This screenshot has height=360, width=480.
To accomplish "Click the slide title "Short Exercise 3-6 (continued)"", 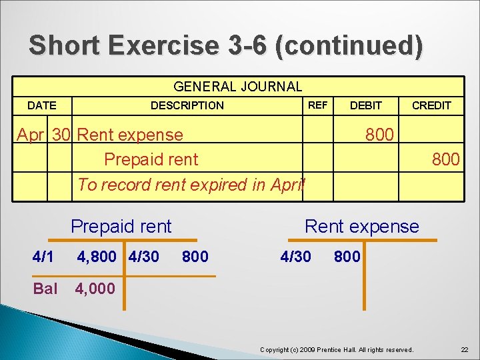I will tap(225, 45).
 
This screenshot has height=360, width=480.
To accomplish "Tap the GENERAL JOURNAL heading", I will tap(237, 87).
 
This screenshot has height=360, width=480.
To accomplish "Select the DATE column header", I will tap(41, 105).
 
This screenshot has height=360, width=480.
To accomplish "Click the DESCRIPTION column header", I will tap(187, 105).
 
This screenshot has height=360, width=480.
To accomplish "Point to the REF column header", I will tap(317, 105).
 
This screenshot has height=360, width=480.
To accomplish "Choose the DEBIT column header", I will tap(366, 105).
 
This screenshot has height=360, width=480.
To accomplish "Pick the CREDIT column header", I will tap(431, 105).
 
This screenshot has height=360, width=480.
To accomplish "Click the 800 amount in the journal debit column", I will tap(379, 135).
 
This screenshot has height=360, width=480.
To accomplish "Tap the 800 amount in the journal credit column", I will tap(445, 159).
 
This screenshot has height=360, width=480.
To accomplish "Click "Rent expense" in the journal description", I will tap(130, 135).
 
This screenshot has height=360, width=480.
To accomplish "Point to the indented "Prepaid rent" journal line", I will tap(151, 159).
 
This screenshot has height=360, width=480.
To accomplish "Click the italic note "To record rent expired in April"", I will tap(191, 185).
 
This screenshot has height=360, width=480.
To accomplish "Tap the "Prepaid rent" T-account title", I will tap(121, 227).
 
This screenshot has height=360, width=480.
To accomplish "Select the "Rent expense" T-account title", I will tap(362, 227).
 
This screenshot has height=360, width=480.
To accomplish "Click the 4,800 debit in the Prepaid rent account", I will tap(97, 257).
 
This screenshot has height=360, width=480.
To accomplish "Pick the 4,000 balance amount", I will tap(96, 289).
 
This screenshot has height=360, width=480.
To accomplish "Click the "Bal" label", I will tap(45, 289).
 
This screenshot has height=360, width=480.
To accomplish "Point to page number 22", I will tap(464, 349).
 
